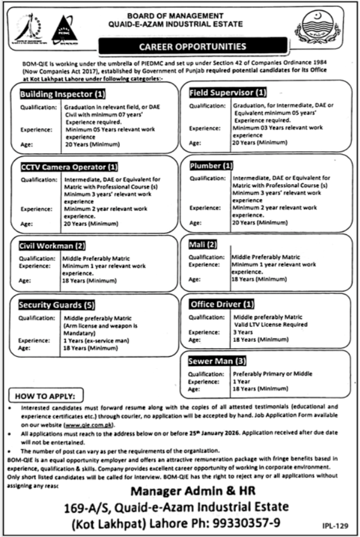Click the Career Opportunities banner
coord(192,46)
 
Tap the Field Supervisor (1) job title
coord(228,92)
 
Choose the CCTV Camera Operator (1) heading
coord(69,167)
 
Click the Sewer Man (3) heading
coord(217,361)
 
